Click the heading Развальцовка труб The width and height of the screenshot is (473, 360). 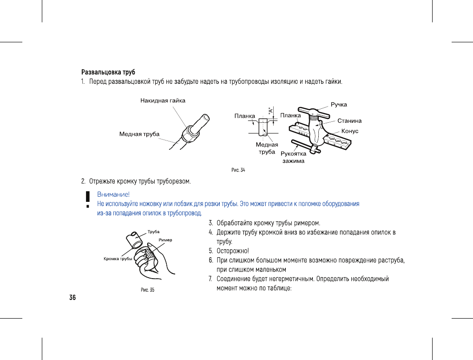pos(108,73)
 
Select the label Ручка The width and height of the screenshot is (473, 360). pos(339,104)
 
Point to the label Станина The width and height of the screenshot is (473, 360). pos(349,121)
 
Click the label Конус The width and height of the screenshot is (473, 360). pos(350,131)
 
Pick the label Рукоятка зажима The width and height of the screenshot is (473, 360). pos(294,157)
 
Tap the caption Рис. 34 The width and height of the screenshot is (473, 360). pos(238,170)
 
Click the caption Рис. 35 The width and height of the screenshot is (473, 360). pos(147,290)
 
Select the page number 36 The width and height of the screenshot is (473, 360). pos(72,298)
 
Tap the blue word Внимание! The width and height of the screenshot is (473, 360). pos(113,194)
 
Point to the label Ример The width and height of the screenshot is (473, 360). pos(165,240)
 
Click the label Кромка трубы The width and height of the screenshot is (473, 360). pos(118,259)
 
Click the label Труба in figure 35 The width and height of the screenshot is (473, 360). pos(154,232)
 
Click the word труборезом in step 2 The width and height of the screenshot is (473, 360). pos(174,180)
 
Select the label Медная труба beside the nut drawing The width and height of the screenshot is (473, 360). pos(139,134)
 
